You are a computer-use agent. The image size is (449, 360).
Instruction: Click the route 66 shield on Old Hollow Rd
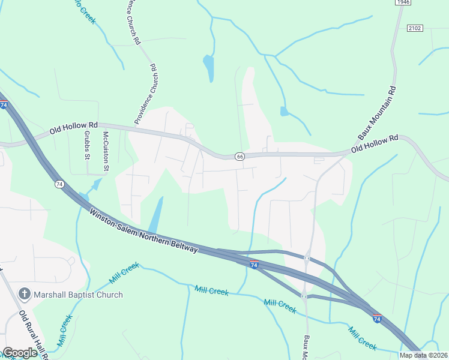(239, 157)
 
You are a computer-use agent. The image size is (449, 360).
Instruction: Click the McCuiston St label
(105, 151)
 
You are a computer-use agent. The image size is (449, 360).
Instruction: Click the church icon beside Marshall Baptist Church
(25, 294)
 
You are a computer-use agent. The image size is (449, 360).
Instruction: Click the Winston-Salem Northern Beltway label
(143, 230)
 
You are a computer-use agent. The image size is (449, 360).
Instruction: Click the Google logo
(20, 353)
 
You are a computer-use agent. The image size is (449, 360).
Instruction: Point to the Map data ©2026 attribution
(423, 355)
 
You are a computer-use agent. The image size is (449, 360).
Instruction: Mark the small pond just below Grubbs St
(84, 197)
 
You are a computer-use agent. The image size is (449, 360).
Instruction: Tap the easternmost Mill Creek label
(362, 337)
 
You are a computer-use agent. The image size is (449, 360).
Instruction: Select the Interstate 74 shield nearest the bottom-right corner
(377, 318)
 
